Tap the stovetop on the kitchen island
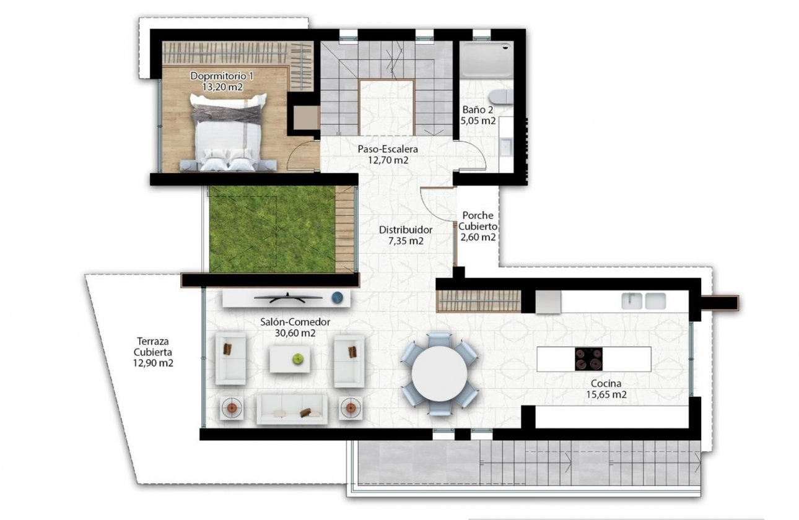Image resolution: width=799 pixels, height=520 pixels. pos(588,359)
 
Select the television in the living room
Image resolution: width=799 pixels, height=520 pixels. pos(289,298)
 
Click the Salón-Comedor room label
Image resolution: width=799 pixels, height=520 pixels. pos(295,327)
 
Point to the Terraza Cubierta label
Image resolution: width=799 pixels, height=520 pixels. pos(153,352)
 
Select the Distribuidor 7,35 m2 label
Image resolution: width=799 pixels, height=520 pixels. pos(406,235)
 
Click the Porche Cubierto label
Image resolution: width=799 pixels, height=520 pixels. pos(478,226)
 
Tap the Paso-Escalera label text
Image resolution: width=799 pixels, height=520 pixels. pos(388,155)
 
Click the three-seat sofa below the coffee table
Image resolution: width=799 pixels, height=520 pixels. pos(291,409)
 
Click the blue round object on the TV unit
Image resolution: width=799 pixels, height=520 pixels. pos(337,297)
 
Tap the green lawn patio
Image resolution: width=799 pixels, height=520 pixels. pos(273,229)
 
